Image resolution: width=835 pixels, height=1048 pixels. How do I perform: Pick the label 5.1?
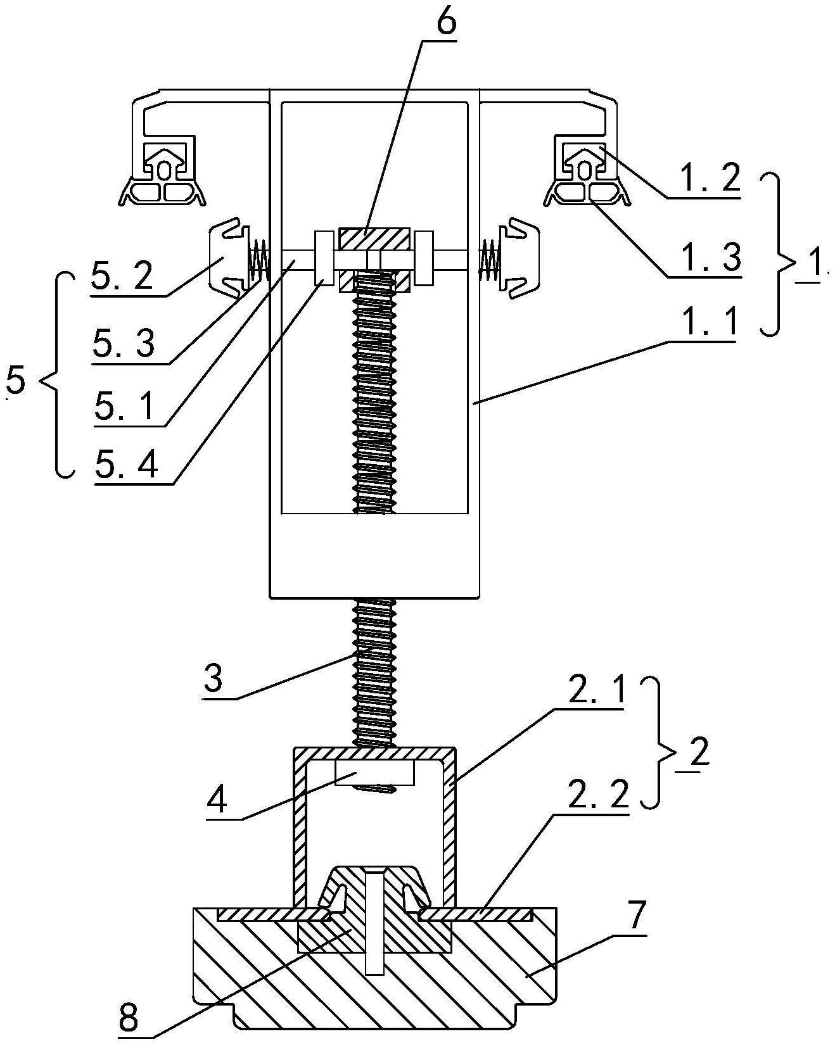click(123, 405)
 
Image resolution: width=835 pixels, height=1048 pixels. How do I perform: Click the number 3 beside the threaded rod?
click(214, 679)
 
